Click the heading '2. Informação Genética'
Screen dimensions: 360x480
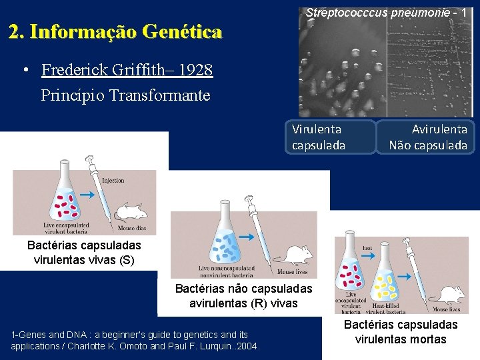[x=115, y=31]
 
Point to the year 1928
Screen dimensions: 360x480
[x=195, y=70]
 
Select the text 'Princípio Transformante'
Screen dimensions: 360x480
[x=125, y=95]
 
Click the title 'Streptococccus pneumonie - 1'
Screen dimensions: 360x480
[x=386, y=12]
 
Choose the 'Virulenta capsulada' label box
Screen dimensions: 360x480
[x=331, y=137]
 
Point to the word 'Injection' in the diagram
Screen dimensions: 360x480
[x=113, y=181]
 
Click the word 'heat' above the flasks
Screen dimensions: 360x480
[x=367, y=247]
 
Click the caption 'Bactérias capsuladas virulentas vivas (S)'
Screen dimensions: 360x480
[x=84, y=253]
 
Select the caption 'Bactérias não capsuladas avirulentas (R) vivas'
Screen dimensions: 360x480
[x=243, y=296]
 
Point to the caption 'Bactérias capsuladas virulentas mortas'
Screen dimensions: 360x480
[x=401, y=332]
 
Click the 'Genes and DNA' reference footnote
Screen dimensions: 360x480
[x=135, y=340]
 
